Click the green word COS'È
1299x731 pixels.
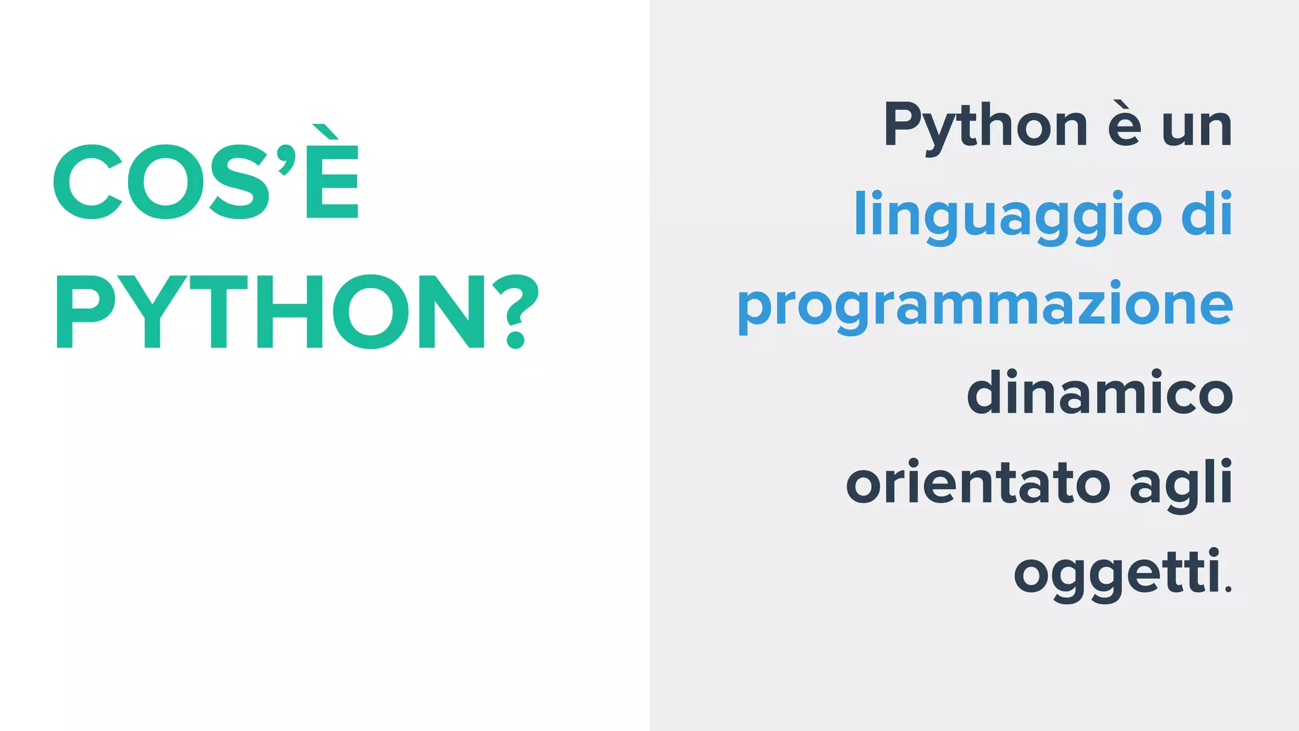(206, 181)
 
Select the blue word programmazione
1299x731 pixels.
(985, 306)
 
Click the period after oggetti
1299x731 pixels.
(1229, 591)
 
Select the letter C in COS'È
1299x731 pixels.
(88, 182)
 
